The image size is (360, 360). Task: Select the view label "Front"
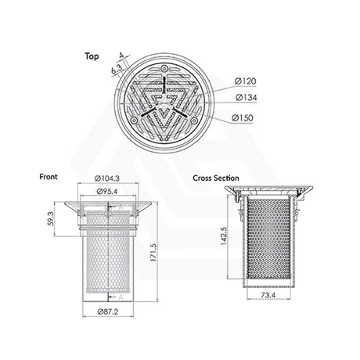click(48, 177)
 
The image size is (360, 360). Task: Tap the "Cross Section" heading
click(216, 178)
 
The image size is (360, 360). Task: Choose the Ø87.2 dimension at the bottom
click(109, 312)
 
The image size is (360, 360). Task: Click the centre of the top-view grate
click(166, 99)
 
